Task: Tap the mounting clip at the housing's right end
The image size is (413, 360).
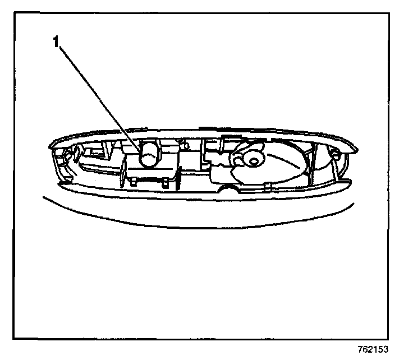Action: tap(334, 153)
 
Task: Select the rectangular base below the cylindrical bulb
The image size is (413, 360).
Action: tap(150, 172)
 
